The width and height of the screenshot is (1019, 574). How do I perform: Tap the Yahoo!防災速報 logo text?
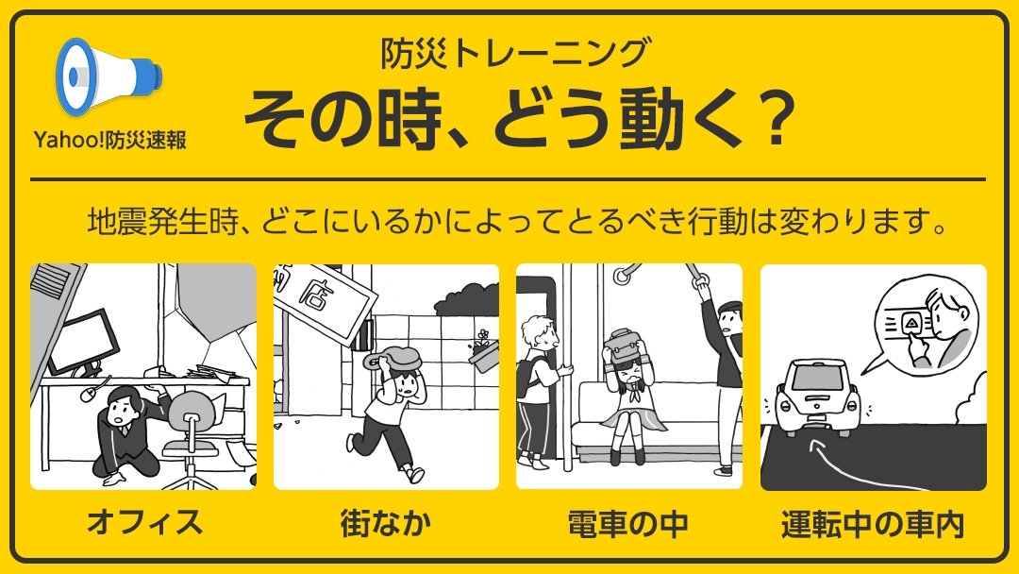pyautogui.click(x=109, y=140)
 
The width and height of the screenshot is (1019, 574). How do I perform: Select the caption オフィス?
pyautogui.click(x=143, y=522)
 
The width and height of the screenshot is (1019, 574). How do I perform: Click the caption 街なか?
pyautogui.click(x=386, y=522)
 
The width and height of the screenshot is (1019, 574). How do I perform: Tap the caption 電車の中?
pyautogui.click(x=628, y=522)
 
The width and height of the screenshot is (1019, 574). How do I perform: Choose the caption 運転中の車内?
pyautogui.click(x=873, y=522)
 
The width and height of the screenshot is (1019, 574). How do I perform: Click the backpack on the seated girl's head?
pyautogui.click(x=626, y=346)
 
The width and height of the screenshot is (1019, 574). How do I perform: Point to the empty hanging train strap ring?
pyautogui.click(x=624, y=276)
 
